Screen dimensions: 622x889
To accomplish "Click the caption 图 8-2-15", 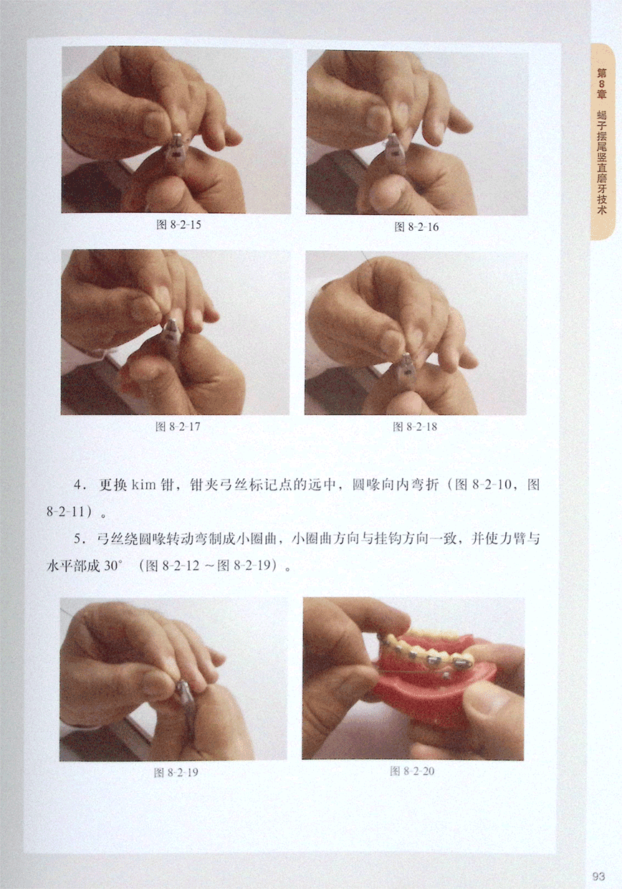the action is tap(178, 224).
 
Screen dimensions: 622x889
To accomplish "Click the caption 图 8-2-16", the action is tap(416, 227).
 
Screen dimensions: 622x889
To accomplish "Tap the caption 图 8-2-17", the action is tap(178, 427).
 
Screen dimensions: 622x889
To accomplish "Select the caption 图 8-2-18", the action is tap(415, 427).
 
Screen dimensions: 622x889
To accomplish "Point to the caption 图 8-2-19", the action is tap(176, 772).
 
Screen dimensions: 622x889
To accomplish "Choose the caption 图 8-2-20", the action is tap(413, 771).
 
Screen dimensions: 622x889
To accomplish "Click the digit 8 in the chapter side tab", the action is tap(602, 84).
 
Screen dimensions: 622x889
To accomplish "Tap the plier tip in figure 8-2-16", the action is tap(393, 139).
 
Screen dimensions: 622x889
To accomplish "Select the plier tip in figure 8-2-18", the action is tap(406, 357).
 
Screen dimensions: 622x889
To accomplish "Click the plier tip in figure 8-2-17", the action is tap(171, 324).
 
